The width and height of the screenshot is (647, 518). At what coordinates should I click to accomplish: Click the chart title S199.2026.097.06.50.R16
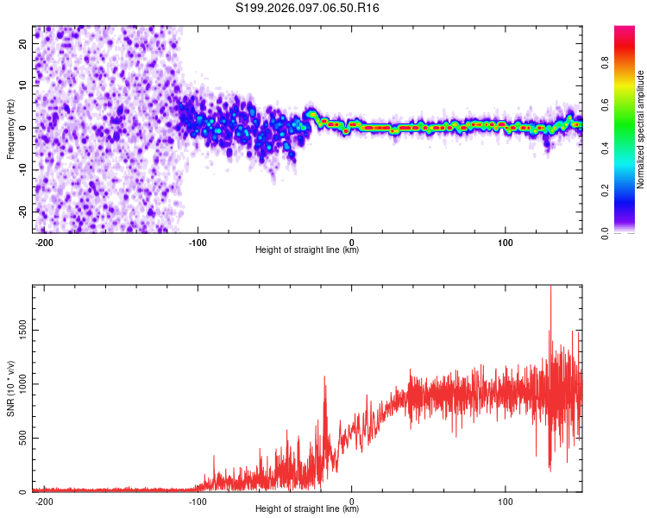(x=307, y=8)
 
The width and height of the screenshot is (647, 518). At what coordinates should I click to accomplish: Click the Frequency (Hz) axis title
(x=10, y=129)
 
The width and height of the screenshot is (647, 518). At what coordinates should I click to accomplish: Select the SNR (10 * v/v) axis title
(x=10, y=388)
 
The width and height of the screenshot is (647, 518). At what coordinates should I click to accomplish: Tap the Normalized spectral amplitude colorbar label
(x=640, y=129)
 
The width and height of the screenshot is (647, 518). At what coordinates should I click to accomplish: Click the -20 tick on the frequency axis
(x=23, y=212)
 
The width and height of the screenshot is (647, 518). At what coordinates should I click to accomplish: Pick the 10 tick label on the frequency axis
(x=25, y=86)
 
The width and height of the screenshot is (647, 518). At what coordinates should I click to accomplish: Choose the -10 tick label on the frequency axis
(x=23, y=170)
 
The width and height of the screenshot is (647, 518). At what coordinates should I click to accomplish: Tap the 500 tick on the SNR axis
(x=22, y=438)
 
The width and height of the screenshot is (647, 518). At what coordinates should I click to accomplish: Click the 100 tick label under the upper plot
(x=506, y=241)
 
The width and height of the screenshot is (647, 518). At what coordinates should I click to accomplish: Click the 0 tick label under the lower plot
(x=352, y=501)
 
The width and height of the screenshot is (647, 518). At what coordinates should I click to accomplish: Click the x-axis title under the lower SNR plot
(x=307, y=509)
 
